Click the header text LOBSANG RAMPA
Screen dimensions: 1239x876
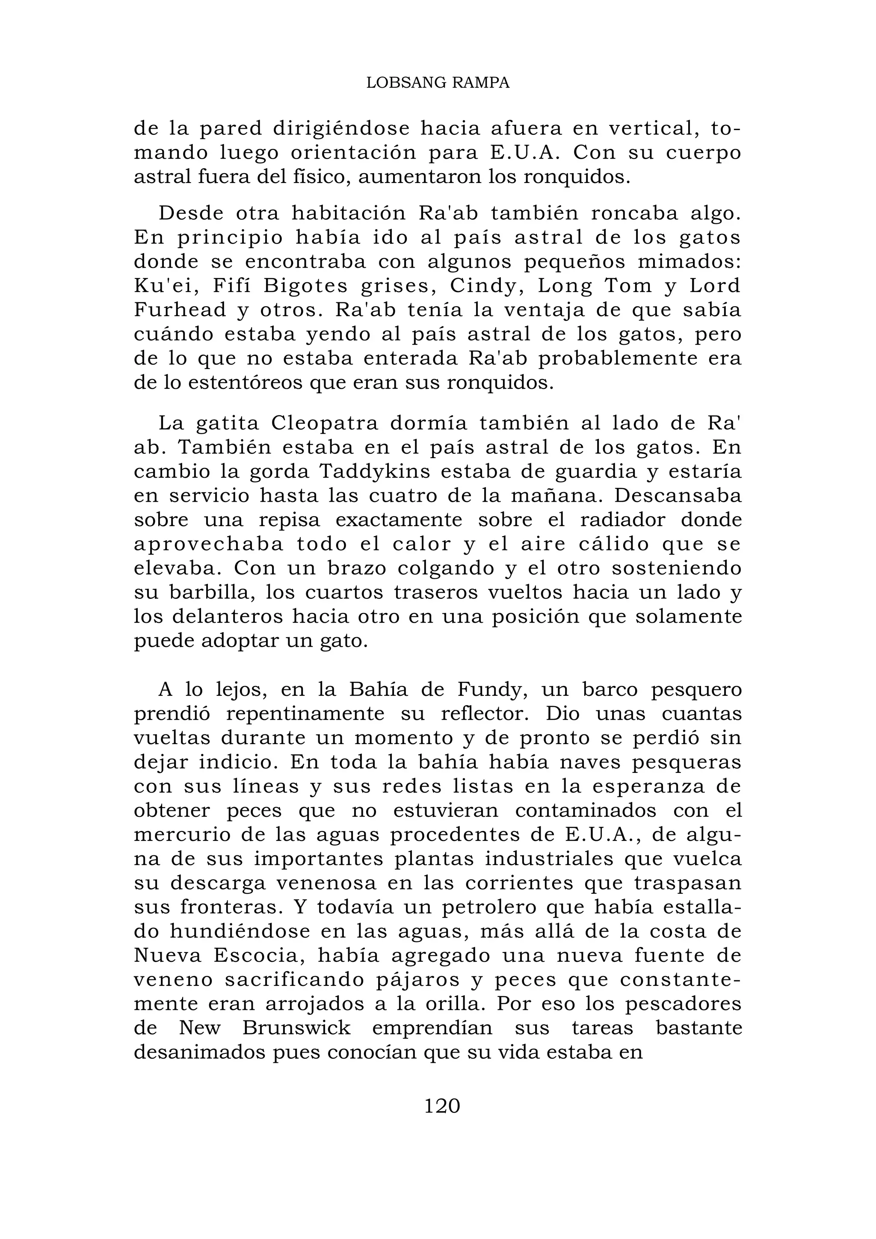[438, 83]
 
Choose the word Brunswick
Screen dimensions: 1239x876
[296, 1028]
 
